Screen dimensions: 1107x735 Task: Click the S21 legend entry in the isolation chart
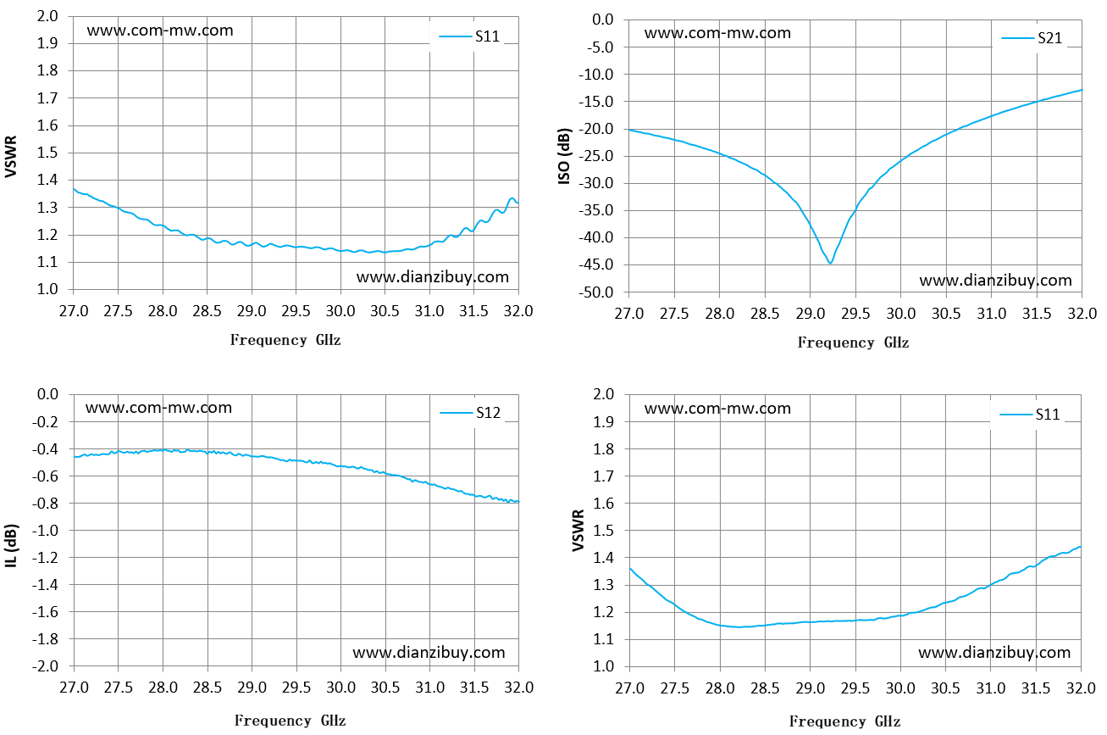[1032, 38]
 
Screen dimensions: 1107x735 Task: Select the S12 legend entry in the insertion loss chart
[470, 413]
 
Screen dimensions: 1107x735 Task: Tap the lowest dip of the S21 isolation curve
[830, 263]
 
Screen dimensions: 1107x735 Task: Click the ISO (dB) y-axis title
[564, 156]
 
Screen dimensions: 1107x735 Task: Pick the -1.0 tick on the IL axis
[45, 530]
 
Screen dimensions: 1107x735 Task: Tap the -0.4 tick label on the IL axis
[45, 449]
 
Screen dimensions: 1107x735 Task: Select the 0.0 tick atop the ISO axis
[602, 19]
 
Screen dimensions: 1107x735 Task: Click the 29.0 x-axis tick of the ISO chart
[810, 314]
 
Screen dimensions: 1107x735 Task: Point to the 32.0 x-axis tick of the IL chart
[519, 688]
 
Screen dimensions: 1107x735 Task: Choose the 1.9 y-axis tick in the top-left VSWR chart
[47, 43]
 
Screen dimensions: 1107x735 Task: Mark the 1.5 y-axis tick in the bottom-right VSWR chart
[603, 531]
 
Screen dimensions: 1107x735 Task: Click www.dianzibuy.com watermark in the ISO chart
[995, 281]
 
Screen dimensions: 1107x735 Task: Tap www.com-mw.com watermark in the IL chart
[158, 408]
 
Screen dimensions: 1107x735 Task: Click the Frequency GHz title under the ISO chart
[853, 342]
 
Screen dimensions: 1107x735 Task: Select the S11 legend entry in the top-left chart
[469, 36]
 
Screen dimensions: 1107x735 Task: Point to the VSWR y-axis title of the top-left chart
[11, 156]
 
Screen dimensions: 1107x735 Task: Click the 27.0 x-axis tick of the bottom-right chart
[629, 688]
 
